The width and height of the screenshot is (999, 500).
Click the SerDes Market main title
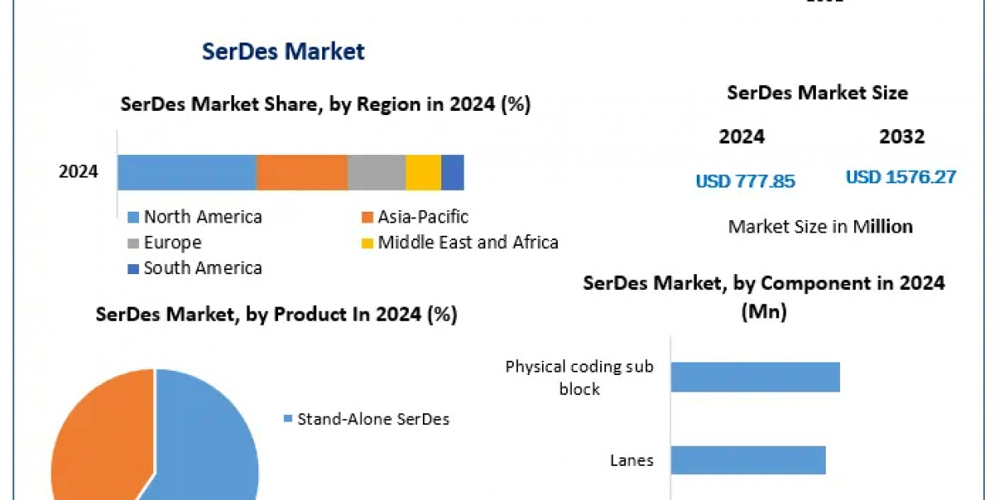point(283,52)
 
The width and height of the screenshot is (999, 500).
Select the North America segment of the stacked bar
point(186,172)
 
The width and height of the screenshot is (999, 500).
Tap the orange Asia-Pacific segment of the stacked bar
point(301,172)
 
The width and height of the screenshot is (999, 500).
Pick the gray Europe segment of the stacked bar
point(376,172)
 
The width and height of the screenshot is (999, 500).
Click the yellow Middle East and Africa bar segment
point(423,172)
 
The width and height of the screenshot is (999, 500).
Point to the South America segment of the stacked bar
point(452,172)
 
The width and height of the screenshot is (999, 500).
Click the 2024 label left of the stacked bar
point(78,172)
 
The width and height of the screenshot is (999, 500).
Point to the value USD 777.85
point(745,181)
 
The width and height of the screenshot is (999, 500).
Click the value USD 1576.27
point(901,177)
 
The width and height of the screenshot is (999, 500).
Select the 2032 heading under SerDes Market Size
point(902,137)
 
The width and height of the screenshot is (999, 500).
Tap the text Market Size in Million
point(820,226)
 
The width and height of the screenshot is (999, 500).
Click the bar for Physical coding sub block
point(755,377)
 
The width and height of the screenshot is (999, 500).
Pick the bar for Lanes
point(748,460)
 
